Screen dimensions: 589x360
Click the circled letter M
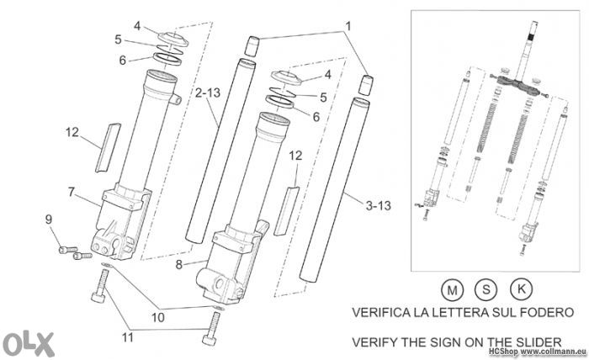453,290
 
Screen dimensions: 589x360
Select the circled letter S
486,289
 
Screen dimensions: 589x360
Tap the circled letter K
522,289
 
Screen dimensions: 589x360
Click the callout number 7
72,192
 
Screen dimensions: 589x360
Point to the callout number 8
179,265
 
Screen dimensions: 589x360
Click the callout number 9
49,220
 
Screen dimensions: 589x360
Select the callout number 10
158,317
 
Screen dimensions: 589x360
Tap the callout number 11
128,337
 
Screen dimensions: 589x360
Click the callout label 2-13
208,93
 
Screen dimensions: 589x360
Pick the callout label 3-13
379,205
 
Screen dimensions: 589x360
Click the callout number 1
348,26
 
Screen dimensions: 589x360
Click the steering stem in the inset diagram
528,49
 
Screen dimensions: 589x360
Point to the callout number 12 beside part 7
72,132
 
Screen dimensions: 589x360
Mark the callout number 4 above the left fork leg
137,26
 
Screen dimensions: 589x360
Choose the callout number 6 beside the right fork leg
316,117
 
